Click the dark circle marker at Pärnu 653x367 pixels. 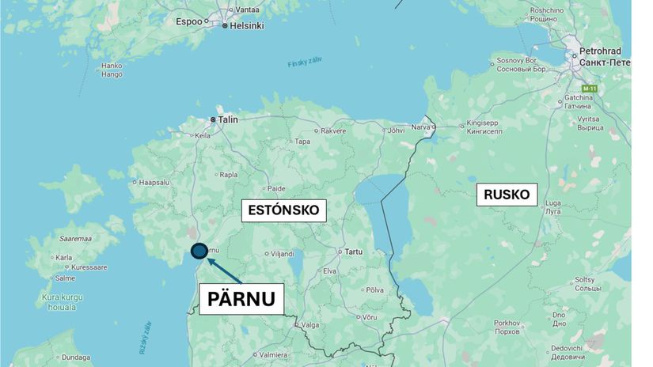tap(199, 251)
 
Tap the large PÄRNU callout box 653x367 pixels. tap(241, 298)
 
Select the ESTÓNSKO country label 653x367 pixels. tap(283, 210)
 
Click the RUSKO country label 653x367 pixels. tap(507, 195)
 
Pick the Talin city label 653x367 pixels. tap(228, 119)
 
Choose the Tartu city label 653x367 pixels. tap(353, 252)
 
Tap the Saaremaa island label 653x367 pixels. tap(76, 237)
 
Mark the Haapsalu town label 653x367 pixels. tap(154, 181)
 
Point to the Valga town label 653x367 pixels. tap(309, 323)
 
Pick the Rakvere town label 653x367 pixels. tap(332, 131)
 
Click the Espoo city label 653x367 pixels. tap(189, 21)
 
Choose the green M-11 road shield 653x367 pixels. tap(589, 88)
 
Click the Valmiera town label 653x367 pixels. tap(273, 355)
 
